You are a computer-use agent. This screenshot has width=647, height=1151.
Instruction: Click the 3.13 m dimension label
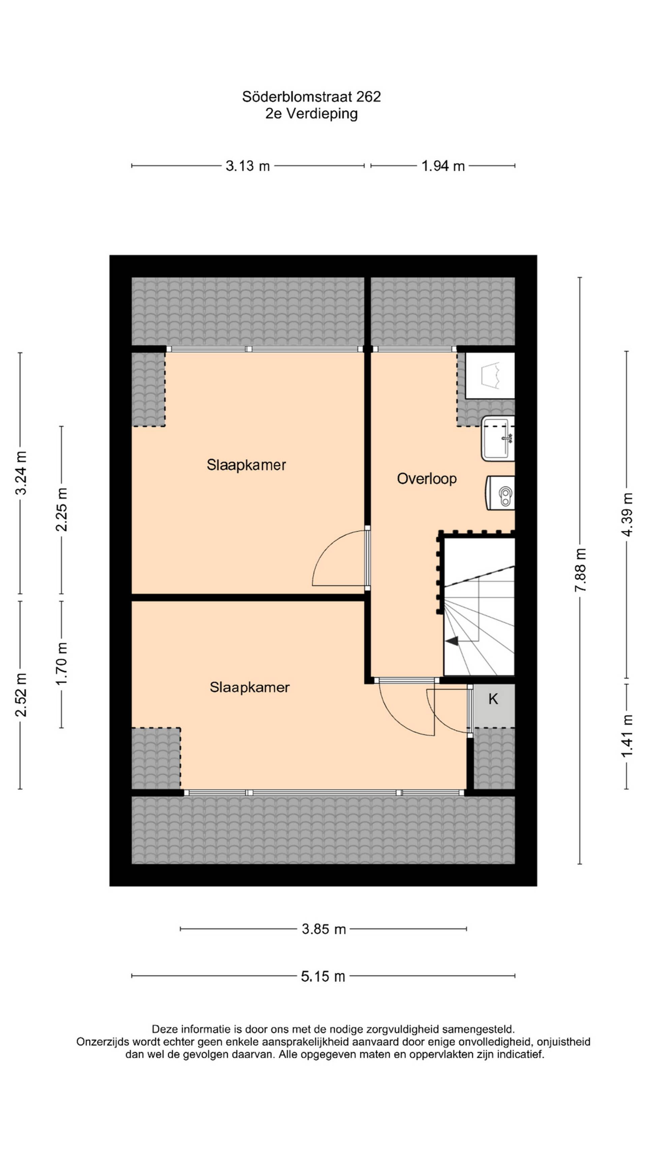coord(247,166)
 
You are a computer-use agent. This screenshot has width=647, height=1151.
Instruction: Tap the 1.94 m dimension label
coord(443,166)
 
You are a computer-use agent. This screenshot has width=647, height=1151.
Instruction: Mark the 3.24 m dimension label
coord(21,473)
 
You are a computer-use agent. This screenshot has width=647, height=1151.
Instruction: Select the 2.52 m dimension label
coord(21,694)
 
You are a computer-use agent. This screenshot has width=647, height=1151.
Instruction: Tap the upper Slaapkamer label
coord(246,465)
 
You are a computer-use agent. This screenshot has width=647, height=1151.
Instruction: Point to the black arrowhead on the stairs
coord(452,641)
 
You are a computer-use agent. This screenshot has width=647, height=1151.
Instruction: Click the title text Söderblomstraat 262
coord(311,96)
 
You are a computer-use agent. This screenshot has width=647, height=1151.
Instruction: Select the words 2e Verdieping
coord(311,114)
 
